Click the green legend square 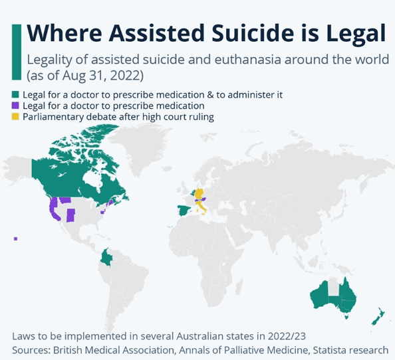(16, 94)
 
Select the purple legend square (16, 106)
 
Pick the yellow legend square (16, 117)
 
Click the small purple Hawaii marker (15, 239)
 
